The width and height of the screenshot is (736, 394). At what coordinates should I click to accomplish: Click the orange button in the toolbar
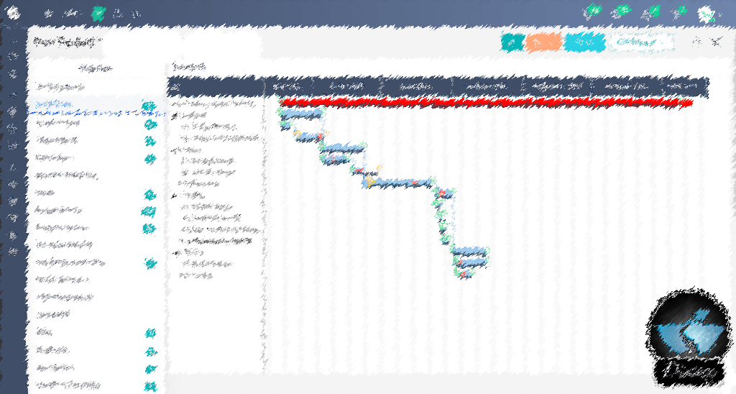[x=543, y=43]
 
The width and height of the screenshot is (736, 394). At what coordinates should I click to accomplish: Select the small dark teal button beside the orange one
[x=512, y=43]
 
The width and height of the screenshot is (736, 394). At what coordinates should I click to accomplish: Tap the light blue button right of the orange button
[x=584, y=43]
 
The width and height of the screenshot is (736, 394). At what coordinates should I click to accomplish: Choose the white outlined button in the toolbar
[x=640, y=43]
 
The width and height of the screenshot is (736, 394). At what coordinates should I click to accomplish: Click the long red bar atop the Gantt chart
[x=486, y=103]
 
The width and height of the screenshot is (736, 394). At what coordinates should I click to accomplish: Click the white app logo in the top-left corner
[x=12, y=13]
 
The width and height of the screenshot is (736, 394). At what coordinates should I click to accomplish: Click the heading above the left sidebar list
[x=96, y=68]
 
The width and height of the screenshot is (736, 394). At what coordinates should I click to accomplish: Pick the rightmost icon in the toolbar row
[x=715, y=42]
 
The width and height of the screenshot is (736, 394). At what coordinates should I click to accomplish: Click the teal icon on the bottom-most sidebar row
[x=149, y=385]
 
